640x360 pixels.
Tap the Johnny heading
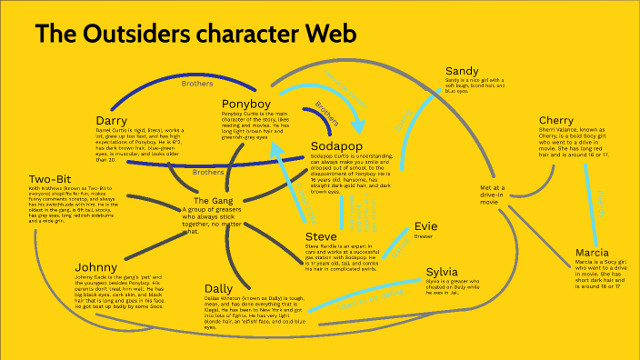point(97,268)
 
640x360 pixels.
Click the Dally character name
point(222,289)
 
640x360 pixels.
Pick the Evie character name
point(425,225)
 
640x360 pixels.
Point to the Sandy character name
point(462,71)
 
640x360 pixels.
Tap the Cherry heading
point(555,121)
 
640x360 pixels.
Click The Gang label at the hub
point(215,200)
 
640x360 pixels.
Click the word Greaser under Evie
point(424,236)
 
